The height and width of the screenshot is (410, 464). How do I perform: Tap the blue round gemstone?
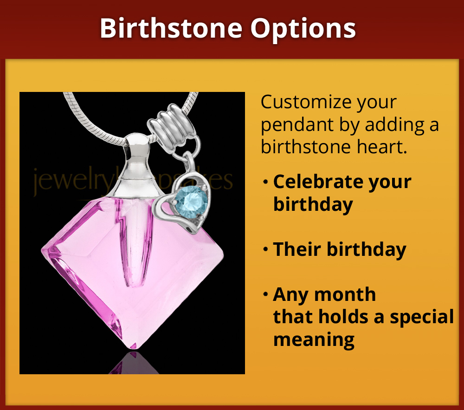tap(190, 201)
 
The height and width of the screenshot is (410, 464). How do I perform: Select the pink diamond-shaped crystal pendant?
tap(135, 269)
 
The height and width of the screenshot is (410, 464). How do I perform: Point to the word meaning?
tap(314, 339)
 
